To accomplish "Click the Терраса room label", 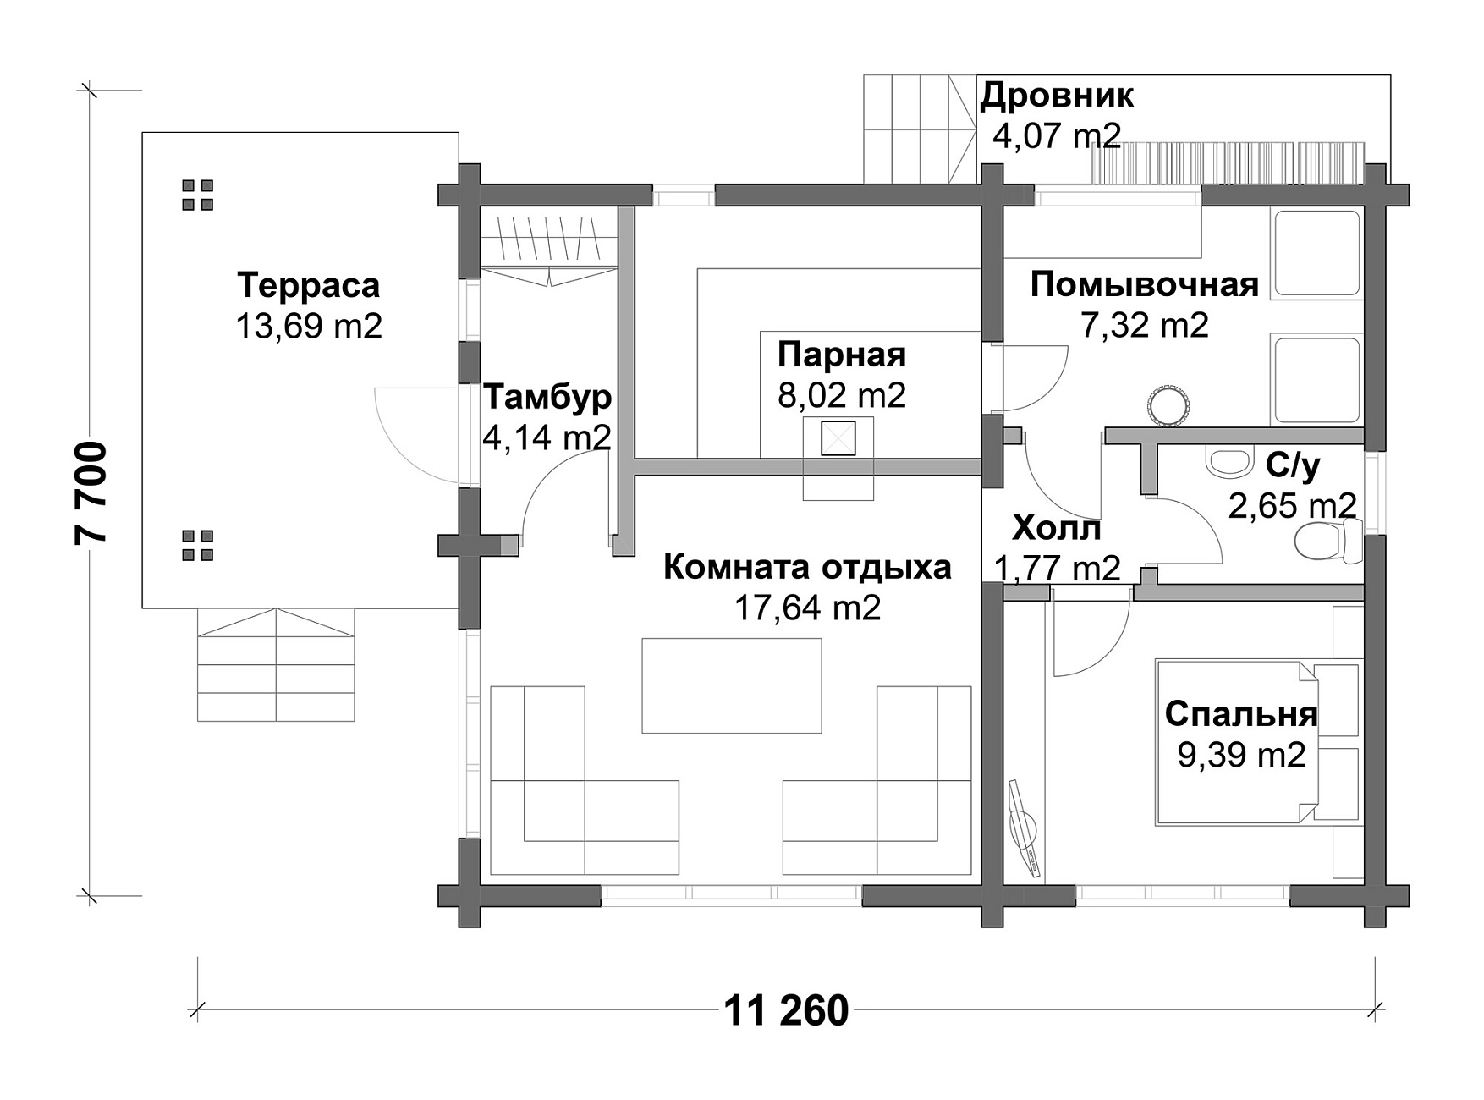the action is point(309,286).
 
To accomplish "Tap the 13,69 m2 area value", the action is point(309,326).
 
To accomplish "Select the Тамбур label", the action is point(547,397).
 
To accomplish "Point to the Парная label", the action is point(842,355).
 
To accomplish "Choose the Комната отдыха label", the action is point(807,567).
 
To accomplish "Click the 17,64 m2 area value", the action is point(807,608).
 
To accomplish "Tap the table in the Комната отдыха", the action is point(732,685).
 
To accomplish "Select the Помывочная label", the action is point(1145,285).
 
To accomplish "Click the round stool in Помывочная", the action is point(1170,404).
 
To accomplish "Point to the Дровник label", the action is point(1057,96).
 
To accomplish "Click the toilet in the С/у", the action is point(1327,541).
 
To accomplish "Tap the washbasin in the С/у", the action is point(1229,461).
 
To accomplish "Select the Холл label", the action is point(1057,529).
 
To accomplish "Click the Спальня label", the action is point(1241,714).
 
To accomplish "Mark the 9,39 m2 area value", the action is point(1241,755).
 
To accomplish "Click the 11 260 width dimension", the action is point(787,1010).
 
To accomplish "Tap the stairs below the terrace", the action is point(276,665).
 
